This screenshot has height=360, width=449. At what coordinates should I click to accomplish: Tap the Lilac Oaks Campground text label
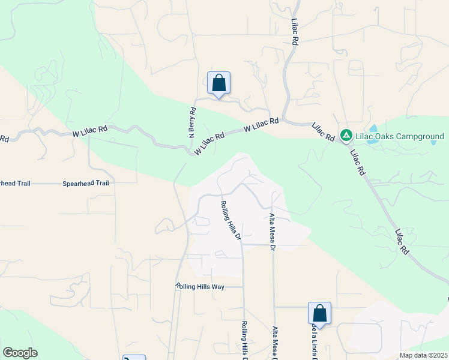tap(399, 137)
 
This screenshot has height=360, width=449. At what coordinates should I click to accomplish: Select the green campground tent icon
tap(346, 136)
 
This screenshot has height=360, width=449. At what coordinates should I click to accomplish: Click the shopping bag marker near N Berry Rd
tap(218, 84)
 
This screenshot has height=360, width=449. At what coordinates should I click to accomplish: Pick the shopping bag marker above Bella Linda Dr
tap(319, 314)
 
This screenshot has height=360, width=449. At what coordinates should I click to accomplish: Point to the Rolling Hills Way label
tap(200, 287)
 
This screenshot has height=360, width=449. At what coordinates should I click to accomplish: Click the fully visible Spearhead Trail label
tap(85, 184)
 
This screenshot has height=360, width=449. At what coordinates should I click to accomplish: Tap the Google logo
tap(20, 353)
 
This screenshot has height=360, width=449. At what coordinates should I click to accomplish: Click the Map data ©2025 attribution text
tap(423, 355)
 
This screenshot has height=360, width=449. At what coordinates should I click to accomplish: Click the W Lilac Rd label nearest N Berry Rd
tap(209, 145)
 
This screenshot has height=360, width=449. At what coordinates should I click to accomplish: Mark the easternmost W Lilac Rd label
tap(262, 125)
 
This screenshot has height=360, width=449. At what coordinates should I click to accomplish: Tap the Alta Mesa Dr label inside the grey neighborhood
tap(272, 232)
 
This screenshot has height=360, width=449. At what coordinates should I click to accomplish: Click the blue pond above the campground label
tap(373, 128)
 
